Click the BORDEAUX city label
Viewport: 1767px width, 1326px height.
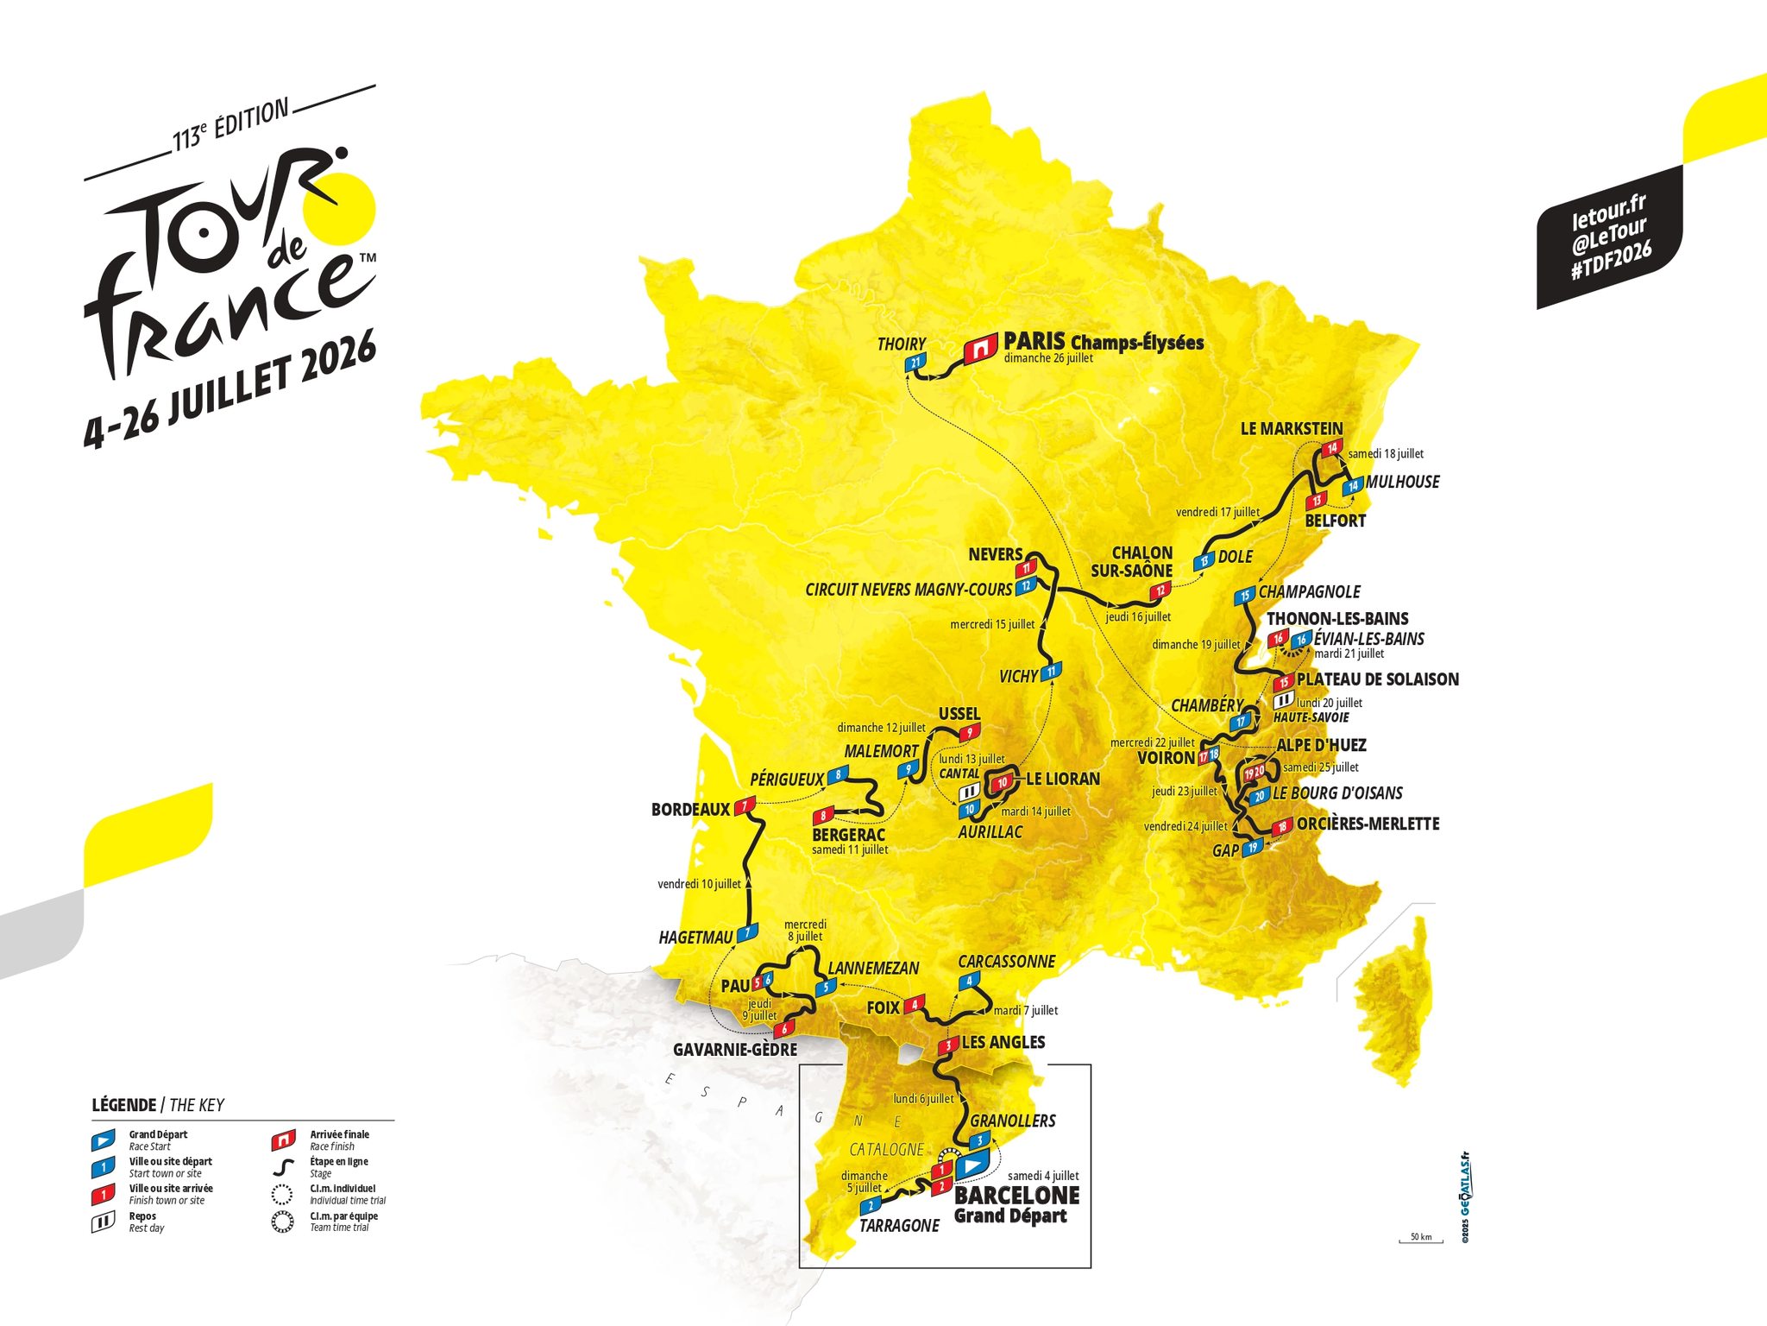coord(690,810)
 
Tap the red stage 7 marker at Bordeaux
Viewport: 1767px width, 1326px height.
coord(745,807)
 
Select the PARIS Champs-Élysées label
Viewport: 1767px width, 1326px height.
coord(1104,342)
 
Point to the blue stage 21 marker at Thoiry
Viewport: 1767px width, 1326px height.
coord(915,363)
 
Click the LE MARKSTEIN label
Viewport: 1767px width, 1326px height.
coord(1291,429)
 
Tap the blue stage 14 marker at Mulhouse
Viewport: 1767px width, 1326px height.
coord(1352,486)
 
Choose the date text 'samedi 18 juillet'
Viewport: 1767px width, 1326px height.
coord(1386,454)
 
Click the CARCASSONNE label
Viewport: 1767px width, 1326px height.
coord(1006,962)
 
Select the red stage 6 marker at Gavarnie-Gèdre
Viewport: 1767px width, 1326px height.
coord(783,1029)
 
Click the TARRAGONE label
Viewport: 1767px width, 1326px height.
coord(899,1226)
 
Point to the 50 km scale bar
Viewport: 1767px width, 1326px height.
coord(1420,1241)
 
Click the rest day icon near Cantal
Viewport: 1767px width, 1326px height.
coord(970,791)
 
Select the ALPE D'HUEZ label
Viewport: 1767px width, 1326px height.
coord(1321,745)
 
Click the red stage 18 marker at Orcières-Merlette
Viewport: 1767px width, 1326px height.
coord(1282,827)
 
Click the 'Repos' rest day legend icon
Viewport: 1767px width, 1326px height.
coord(103,1222)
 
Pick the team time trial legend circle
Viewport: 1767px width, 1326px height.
coord(282,1222)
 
